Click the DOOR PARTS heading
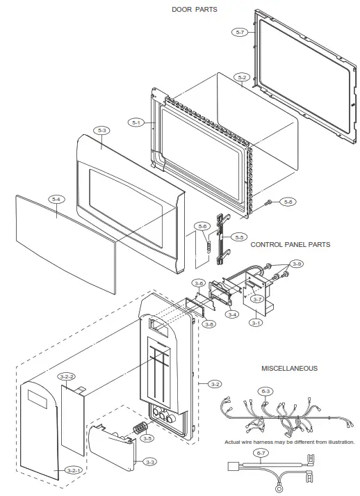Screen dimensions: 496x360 tap(194, 9)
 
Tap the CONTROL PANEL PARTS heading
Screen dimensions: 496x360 tap(290, 245)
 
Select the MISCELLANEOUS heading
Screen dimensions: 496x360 tap(290, 368)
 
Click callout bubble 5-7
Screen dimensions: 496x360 tap(239, 32)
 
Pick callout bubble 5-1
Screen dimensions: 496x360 tap(136, 123)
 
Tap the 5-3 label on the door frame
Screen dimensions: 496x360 tap(103, 130)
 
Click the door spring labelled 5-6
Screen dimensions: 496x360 tap(205, 245)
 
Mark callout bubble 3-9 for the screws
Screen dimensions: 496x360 tap(297, 264)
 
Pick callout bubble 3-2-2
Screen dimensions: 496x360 tap(67, 376)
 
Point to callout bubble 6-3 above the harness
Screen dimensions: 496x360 tap(266, 392)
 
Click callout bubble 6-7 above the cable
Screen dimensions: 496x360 tap(261, 454)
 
